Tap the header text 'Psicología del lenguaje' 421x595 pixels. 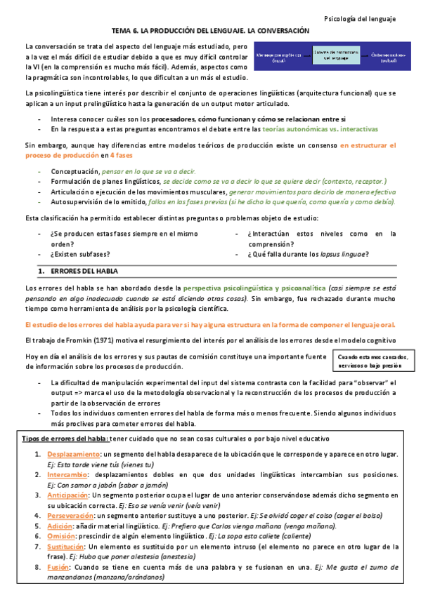pyautogui.click(x=370, y=18)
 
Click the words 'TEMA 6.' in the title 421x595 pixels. pyautogui.click(x=127, y=32)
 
